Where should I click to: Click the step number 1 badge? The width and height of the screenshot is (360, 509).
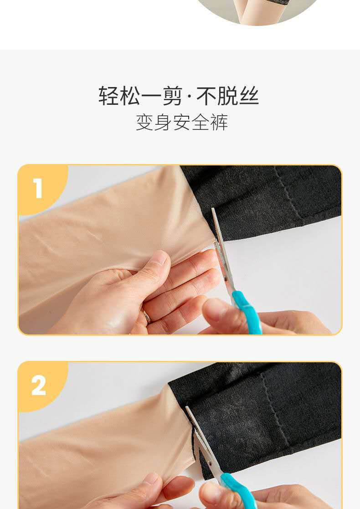pos(38,189)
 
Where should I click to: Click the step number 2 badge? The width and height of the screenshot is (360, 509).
pos(38,386)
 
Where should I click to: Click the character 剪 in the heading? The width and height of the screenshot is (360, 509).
pos(172,96)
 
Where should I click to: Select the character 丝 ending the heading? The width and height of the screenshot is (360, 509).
pos(249,96)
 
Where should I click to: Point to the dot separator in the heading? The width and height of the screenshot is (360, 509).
pos(190,96)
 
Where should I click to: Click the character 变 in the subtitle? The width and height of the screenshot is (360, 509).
pos(144,122)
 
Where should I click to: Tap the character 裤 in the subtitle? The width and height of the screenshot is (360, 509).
pos(219,122)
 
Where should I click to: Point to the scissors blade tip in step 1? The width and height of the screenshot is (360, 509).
pos(213,209)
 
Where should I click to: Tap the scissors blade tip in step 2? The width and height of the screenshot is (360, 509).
pos(187,407)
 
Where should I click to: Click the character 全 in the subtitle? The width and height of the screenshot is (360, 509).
pos(201,122)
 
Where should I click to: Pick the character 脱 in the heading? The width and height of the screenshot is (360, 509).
pos(228,96)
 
